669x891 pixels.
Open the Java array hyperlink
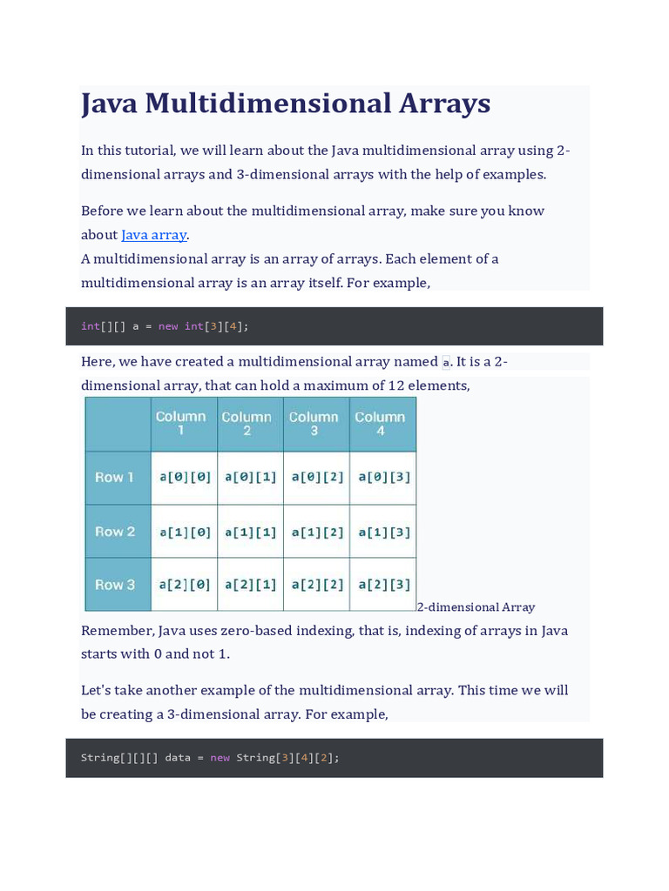pyautogui.click(x=154, y=235)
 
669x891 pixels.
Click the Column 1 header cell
pyautogui.click(x=184, y=424)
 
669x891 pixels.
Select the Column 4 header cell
pyautogui.click(x=382, y=424)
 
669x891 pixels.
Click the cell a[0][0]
pyautogui.click(x=185, y=477)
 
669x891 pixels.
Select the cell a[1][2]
pyautogui.click(x=317, y=532)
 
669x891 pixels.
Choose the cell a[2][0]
pyautogui.click(x=185, y=585)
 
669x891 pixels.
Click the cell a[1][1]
pyautogui.click(x=251, y=532)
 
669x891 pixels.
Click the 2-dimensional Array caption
pyautogui.click(x=476, y=607)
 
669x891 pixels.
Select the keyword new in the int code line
pyautogui.click(x=168, y=326)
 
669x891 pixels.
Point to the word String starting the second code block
pyautogui.click(x=101, y=758)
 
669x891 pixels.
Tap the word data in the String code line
pyautogui.click(x=177, y=758)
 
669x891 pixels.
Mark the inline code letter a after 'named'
pyautogui.click(x=446, y=363)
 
